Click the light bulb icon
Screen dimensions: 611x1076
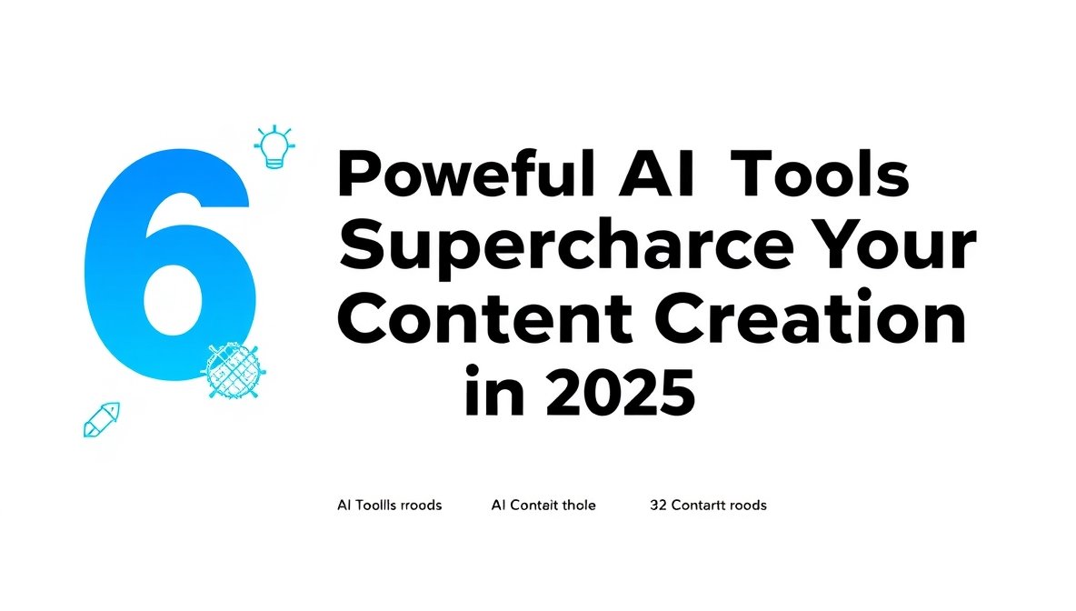point(275,146)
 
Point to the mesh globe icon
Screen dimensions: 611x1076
point(230,370)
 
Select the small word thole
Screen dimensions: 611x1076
point(577,505)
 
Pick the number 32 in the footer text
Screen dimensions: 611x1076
point(658,505)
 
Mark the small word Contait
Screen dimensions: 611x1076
point(531,505)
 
